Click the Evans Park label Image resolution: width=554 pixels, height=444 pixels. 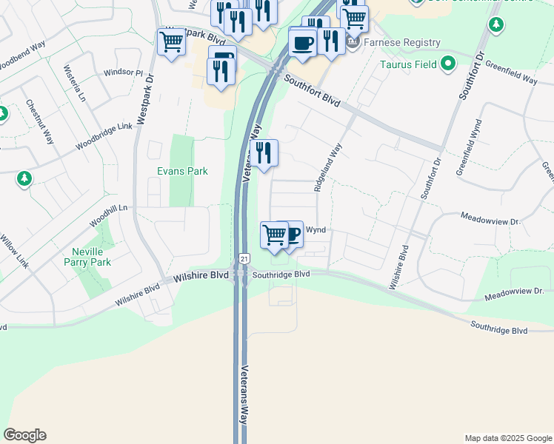[x=182, y=171]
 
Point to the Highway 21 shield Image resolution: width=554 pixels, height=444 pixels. [x=244, y=258]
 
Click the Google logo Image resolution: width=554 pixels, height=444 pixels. [x=24, y=435]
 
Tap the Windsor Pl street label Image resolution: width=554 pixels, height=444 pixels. [x=123, y=73]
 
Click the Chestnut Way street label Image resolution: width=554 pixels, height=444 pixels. [x=40, y=122]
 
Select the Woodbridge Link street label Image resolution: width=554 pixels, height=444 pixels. [x=104, y=138]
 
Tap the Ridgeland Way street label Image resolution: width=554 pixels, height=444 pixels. [x=327, y=168]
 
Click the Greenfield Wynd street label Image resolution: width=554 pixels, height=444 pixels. [x=469, y=147]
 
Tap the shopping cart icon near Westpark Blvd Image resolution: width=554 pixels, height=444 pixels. [x=171, y=42]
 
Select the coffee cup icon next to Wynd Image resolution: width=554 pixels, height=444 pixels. [x=293, y=235]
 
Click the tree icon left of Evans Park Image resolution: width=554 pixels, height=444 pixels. [x=24, y=178]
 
